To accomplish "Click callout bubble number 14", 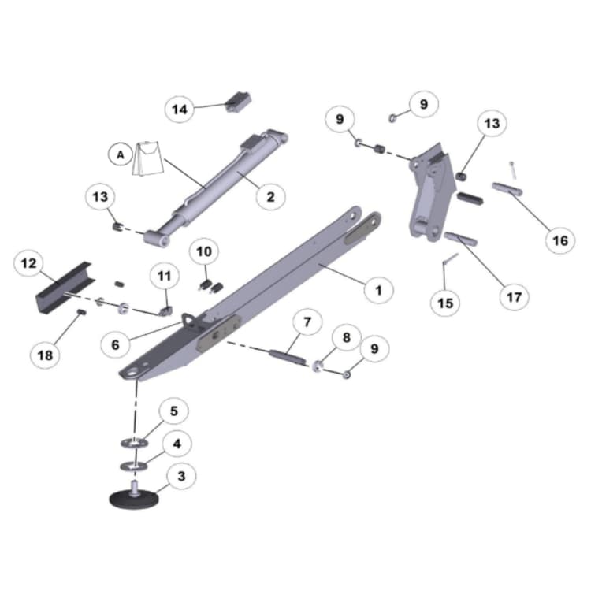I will tap(180, 110).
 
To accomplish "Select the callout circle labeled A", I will tap(121, 155).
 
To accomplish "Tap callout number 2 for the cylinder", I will tap(270, 195).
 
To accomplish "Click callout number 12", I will tap(28, 263).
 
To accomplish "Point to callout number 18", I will tap(45, 355).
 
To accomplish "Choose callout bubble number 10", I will tap(204, 252).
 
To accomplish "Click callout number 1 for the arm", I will tap(378, 290).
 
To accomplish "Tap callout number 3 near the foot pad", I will tap(181, 476).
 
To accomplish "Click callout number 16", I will tap(560, 240).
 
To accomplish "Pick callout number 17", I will tap(514, 296).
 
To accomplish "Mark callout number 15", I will tap(444, 301).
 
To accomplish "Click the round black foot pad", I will tap(132, 499).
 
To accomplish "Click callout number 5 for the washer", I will tap(174, 411).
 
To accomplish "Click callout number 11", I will tap(164, 277).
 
